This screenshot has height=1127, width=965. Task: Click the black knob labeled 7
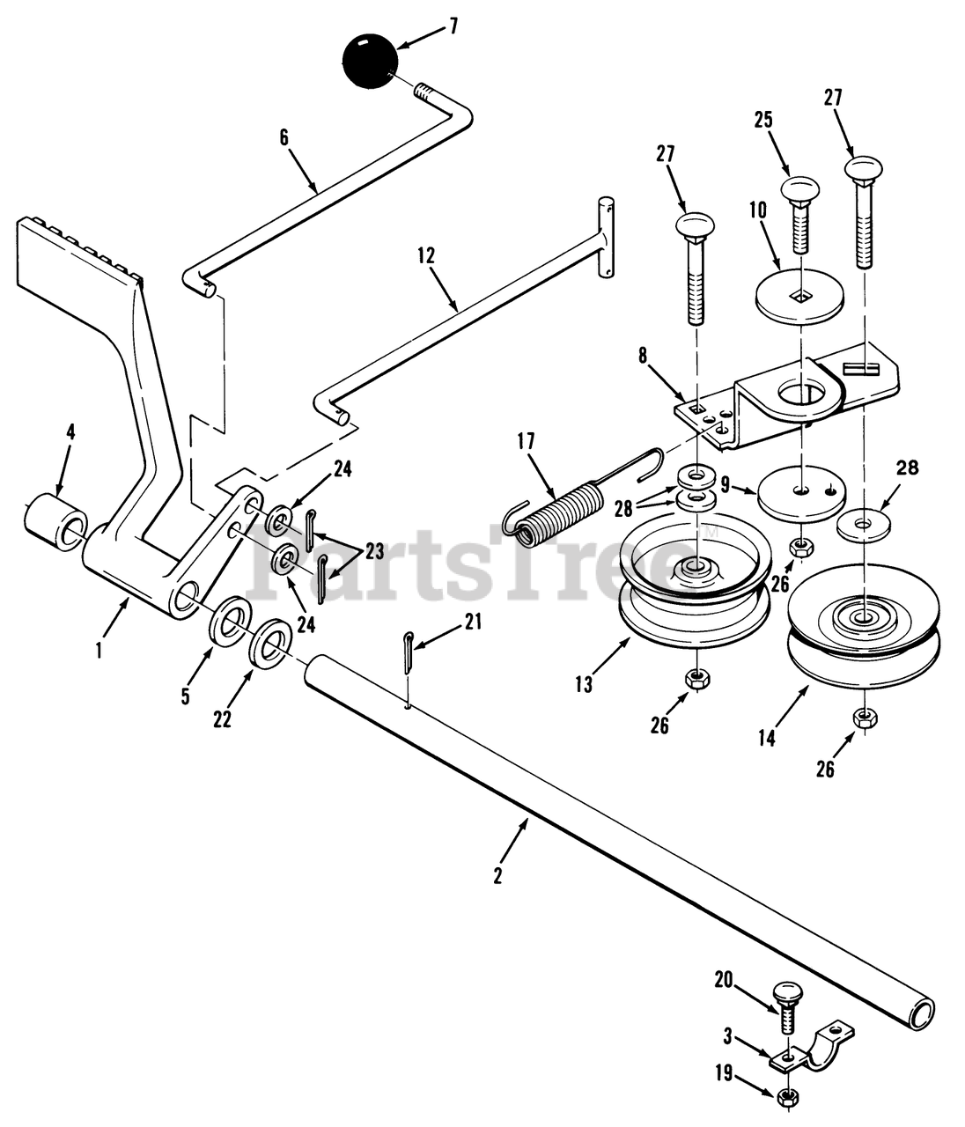tap(370, 61)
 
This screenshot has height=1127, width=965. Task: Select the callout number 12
tap(427, 257)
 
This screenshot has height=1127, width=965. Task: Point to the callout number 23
tap(373, 552)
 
